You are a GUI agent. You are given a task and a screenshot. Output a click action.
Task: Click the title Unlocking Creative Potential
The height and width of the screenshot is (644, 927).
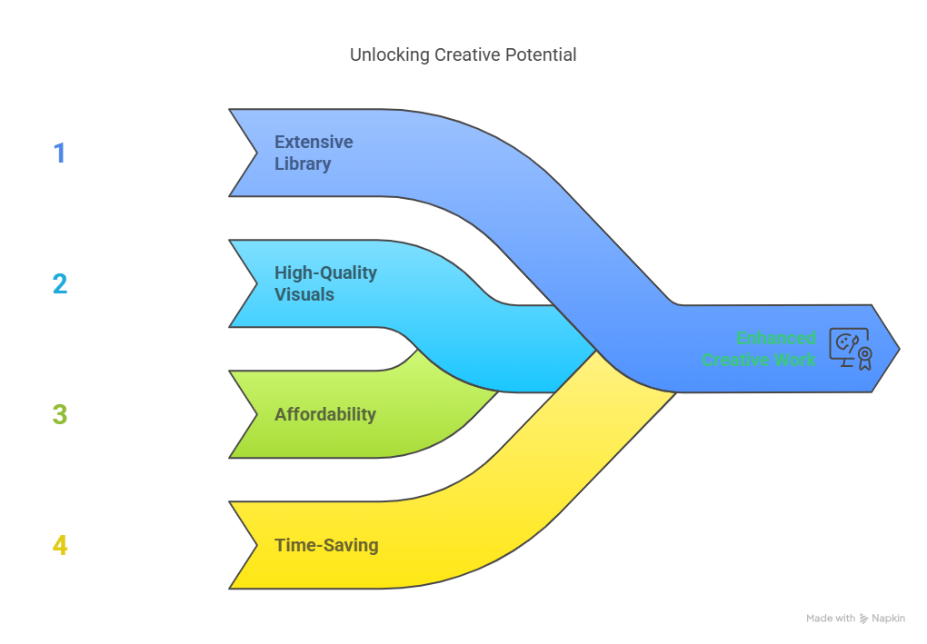(x=463, y=54)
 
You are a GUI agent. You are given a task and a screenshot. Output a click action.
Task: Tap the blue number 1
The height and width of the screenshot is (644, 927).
(x=59, y=153)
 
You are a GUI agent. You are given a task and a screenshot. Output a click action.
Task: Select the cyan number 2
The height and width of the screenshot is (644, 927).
(x=60, y=283)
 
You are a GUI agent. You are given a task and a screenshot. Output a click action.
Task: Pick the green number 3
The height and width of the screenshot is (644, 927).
(x=60, y=414)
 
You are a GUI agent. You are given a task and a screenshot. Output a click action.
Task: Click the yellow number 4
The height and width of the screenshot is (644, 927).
(x=60, y=545)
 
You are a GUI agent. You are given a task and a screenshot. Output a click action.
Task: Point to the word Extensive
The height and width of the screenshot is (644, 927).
(x=314, y=142)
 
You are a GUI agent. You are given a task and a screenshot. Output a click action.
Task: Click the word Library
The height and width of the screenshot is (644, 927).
(x=303, y=163)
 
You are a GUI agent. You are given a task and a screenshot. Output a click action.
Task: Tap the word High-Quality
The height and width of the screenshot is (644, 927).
(x=325, y=273)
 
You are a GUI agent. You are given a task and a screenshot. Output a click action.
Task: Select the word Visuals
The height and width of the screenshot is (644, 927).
(x=304, y=294)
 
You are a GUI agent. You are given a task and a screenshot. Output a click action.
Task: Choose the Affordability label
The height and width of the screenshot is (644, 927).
(x=325, y=414)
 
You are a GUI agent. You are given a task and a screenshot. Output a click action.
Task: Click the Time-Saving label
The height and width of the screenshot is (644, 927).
(x=326, y=545)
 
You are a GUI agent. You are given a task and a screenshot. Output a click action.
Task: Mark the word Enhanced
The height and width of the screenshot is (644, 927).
(x=775, y=338)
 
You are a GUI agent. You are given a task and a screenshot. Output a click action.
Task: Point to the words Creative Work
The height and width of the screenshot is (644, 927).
(x=759, y=359)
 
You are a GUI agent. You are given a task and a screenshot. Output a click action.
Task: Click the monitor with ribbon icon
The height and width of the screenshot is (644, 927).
(x=851, y=349)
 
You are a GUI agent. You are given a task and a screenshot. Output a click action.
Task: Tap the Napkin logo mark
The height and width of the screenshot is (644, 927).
(x=863, y=618)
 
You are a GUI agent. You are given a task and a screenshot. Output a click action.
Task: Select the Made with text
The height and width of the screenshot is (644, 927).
(x=831, y=618)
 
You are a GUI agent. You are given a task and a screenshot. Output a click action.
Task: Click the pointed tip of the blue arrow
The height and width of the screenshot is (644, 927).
(x=899, y=349)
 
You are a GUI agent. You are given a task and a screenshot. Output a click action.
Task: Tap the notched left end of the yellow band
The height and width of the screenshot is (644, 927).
(x=256, y=545)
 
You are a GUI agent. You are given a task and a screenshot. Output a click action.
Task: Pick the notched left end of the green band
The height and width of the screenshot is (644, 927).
(x=256, y=414)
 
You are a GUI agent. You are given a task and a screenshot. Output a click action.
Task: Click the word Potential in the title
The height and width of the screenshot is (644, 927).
(x=541, y=54)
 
